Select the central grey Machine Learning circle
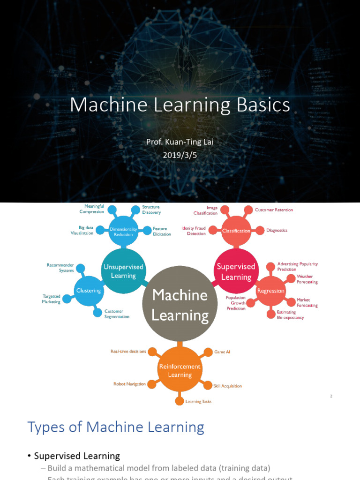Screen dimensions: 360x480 point(180,305)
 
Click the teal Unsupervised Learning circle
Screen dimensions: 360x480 point(123,271)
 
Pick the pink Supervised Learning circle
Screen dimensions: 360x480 point(236,271)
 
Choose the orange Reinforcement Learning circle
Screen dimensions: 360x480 point(180,370)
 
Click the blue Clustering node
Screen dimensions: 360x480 point(89,291)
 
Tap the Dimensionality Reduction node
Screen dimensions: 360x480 point(123,231)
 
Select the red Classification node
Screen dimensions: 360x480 point(236,231)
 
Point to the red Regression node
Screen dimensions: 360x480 point(270,291)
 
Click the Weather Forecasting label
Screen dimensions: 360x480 point(307,279)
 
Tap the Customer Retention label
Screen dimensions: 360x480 point(274,210)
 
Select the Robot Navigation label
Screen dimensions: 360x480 point(129,384)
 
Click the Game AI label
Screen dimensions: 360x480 point(222,352)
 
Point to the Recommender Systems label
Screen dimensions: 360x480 point(60,268)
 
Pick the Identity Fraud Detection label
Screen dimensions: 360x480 point(194,231)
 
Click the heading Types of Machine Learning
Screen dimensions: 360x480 point(116,427)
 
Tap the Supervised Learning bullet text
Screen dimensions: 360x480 point(77,456)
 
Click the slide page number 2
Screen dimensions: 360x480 point(331,396)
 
